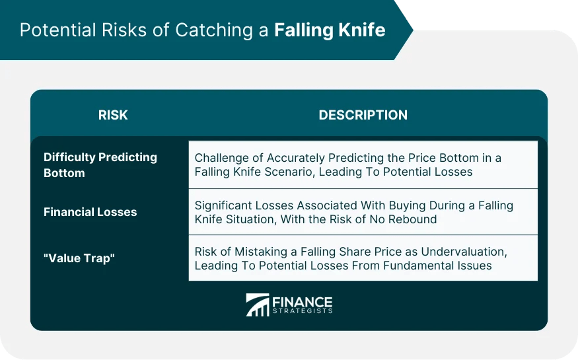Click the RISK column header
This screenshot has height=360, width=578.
click(113, 115)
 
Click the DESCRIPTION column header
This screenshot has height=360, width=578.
click(363, 115)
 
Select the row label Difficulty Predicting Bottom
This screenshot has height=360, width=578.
click(100, 165)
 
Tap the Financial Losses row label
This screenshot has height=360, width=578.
click(90, 212)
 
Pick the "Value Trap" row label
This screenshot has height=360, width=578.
click(79, 258)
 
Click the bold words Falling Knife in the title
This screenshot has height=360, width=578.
click(330, 30)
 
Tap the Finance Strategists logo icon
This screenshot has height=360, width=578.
click(257, 305)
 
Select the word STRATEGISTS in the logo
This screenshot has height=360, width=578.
click(302, 310)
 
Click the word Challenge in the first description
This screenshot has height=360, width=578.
click(222, 159)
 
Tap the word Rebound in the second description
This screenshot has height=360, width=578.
click(414, 219)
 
